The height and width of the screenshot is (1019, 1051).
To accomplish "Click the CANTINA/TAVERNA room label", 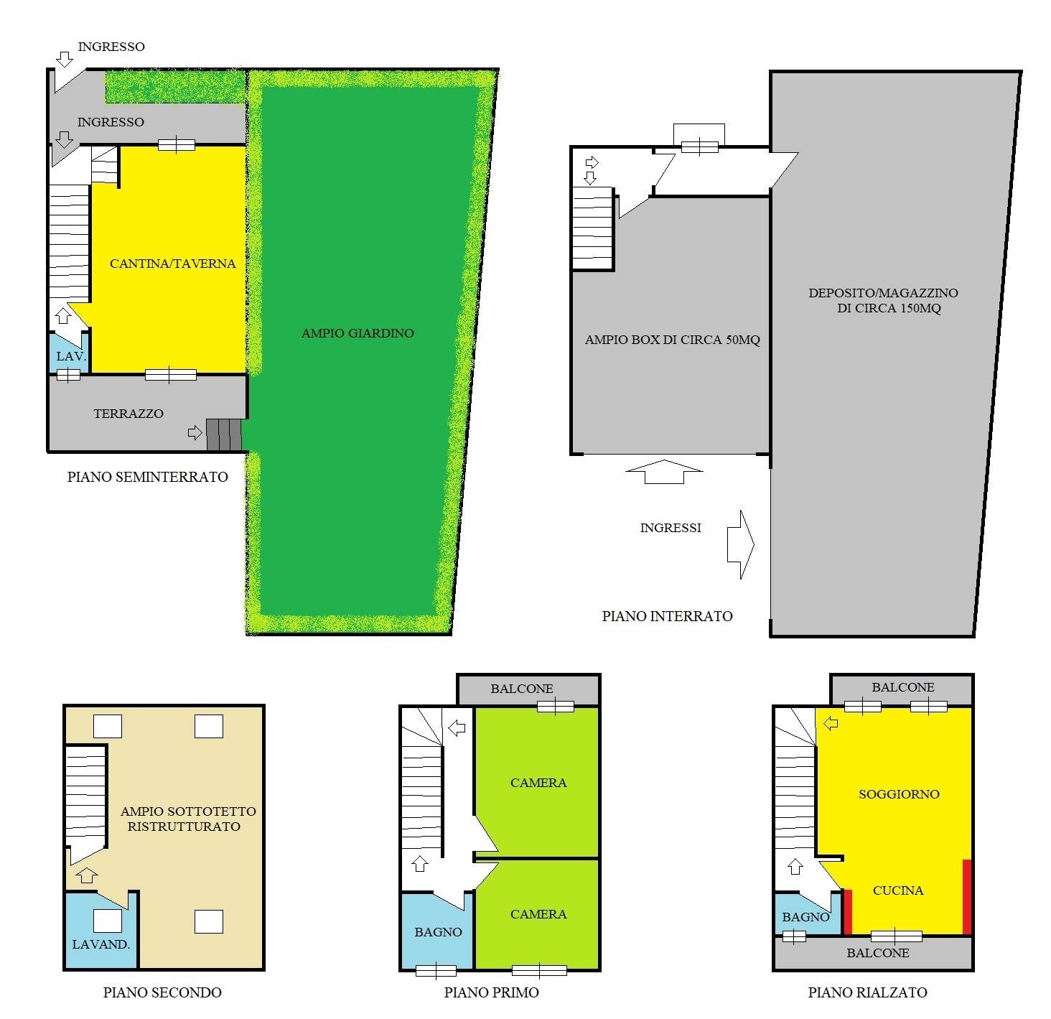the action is pos(173,264).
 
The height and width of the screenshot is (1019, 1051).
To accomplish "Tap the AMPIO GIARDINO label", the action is pos(358,333).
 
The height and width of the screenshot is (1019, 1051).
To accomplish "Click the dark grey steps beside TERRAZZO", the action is pos(223,435).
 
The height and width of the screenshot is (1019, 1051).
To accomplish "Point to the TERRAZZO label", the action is pos(129,414).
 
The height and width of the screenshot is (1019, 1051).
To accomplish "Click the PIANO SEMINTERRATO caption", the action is pos(147,477).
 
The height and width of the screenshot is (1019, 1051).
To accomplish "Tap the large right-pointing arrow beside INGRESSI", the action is pos(740,544).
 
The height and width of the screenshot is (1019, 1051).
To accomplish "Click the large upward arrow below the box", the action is pos(664,472).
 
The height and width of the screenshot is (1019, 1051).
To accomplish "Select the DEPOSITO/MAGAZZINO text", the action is pos(883,294).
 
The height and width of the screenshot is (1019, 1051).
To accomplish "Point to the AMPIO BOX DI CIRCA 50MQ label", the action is pos(673,340).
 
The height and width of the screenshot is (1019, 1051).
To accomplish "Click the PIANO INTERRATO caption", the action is pos(667,616).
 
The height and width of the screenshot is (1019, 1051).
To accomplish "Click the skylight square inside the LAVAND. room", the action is pos(108,921).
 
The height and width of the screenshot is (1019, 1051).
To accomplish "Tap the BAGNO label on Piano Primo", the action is pos(438,932).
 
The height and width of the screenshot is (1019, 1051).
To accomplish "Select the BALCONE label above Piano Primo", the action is pos(522,689).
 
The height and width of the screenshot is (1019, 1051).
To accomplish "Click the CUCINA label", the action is pos(898,890).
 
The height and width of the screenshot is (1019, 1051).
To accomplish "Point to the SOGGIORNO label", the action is pos(899,794).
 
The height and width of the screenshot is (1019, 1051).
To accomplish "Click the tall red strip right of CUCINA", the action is pos(967,896).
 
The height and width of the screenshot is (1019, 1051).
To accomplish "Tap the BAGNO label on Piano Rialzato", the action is pos(805,917).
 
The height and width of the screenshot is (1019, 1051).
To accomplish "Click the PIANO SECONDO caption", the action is pos(162,992).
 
